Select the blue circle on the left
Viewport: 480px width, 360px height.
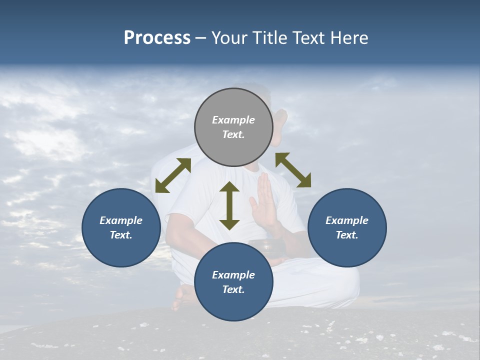121,227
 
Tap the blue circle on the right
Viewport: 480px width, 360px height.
347,227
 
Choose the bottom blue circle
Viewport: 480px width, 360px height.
233,281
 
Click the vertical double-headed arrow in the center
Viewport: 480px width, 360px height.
229,205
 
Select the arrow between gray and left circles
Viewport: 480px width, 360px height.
173,175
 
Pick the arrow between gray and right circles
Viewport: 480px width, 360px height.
293,170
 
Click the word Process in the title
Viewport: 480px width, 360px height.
157,38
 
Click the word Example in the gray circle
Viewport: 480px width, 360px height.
233,120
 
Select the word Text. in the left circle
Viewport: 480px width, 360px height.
121,235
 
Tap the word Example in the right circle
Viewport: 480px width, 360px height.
347,220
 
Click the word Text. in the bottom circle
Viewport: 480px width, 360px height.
233,289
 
